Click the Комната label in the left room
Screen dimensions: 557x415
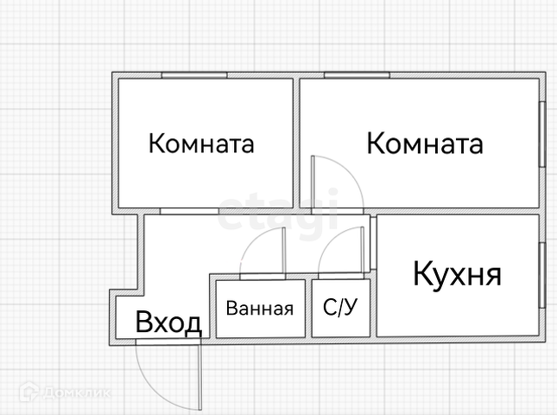click(201, 144)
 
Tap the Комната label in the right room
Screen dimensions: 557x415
click(424, 144)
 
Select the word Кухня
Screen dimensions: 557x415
click(457, 275)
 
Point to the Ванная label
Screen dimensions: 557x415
click(260, 309)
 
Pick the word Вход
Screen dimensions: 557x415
click(168, 323)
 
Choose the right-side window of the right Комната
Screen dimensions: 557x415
click(541, 133)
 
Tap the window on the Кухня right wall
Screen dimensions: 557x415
click(541, 275)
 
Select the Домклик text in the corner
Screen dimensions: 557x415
click(79, 393)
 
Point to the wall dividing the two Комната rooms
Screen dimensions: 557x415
click(294, 143)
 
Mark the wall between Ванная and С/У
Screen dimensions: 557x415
click(309, 308)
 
